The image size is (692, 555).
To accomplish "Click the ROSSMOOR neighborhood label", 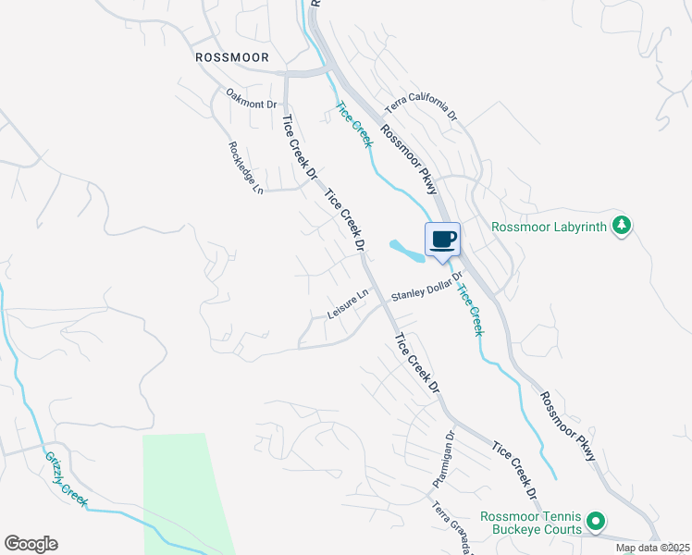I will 232,57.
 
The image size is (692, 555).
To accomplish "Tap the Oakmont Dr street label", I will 252,99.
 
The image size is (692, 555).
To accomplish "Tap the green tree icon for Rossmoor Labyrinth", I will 623,225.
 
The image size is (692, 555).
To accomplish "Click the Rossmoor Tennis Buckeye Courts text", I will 530,523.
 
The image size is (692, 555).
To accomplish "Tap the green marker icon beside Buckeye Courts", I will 597,523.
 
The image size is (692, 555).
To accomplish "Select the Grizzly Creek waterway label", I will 68,477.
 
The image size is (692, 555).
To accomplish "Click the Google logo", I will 31,544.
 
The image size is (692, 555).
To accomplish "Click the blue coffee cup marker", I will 442,240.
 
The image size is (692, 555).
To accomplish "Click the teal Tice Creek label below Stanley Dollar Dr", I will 470,309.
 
